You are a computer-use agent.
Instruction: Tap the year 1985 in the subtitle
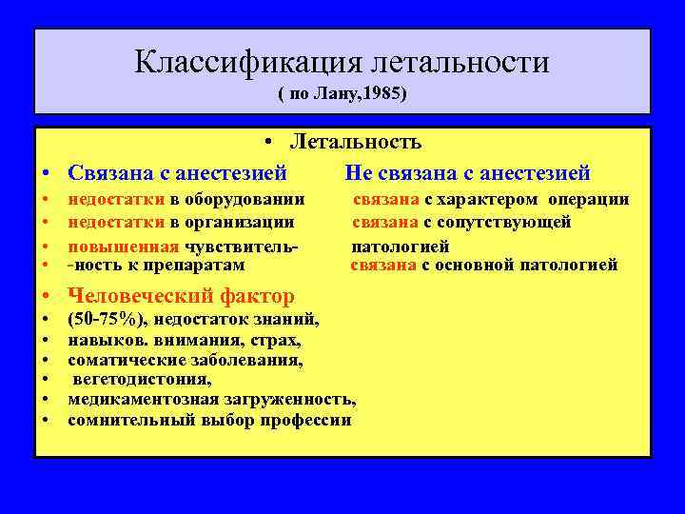click(385, 96)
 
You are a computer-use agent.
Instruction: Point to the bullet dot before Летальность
click(271, 144)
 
